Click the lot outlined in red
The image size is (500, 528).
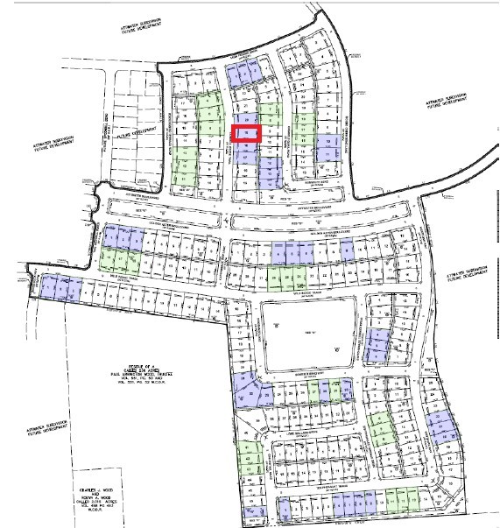click(x=247, y=133)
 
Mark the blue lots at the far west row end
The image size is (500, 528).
click(x=61, y=286)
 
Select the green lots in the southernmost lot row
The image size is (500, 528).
click(x=404, y=500)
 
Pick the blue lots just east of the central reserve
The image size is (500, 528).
click(x=379, y=345)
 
